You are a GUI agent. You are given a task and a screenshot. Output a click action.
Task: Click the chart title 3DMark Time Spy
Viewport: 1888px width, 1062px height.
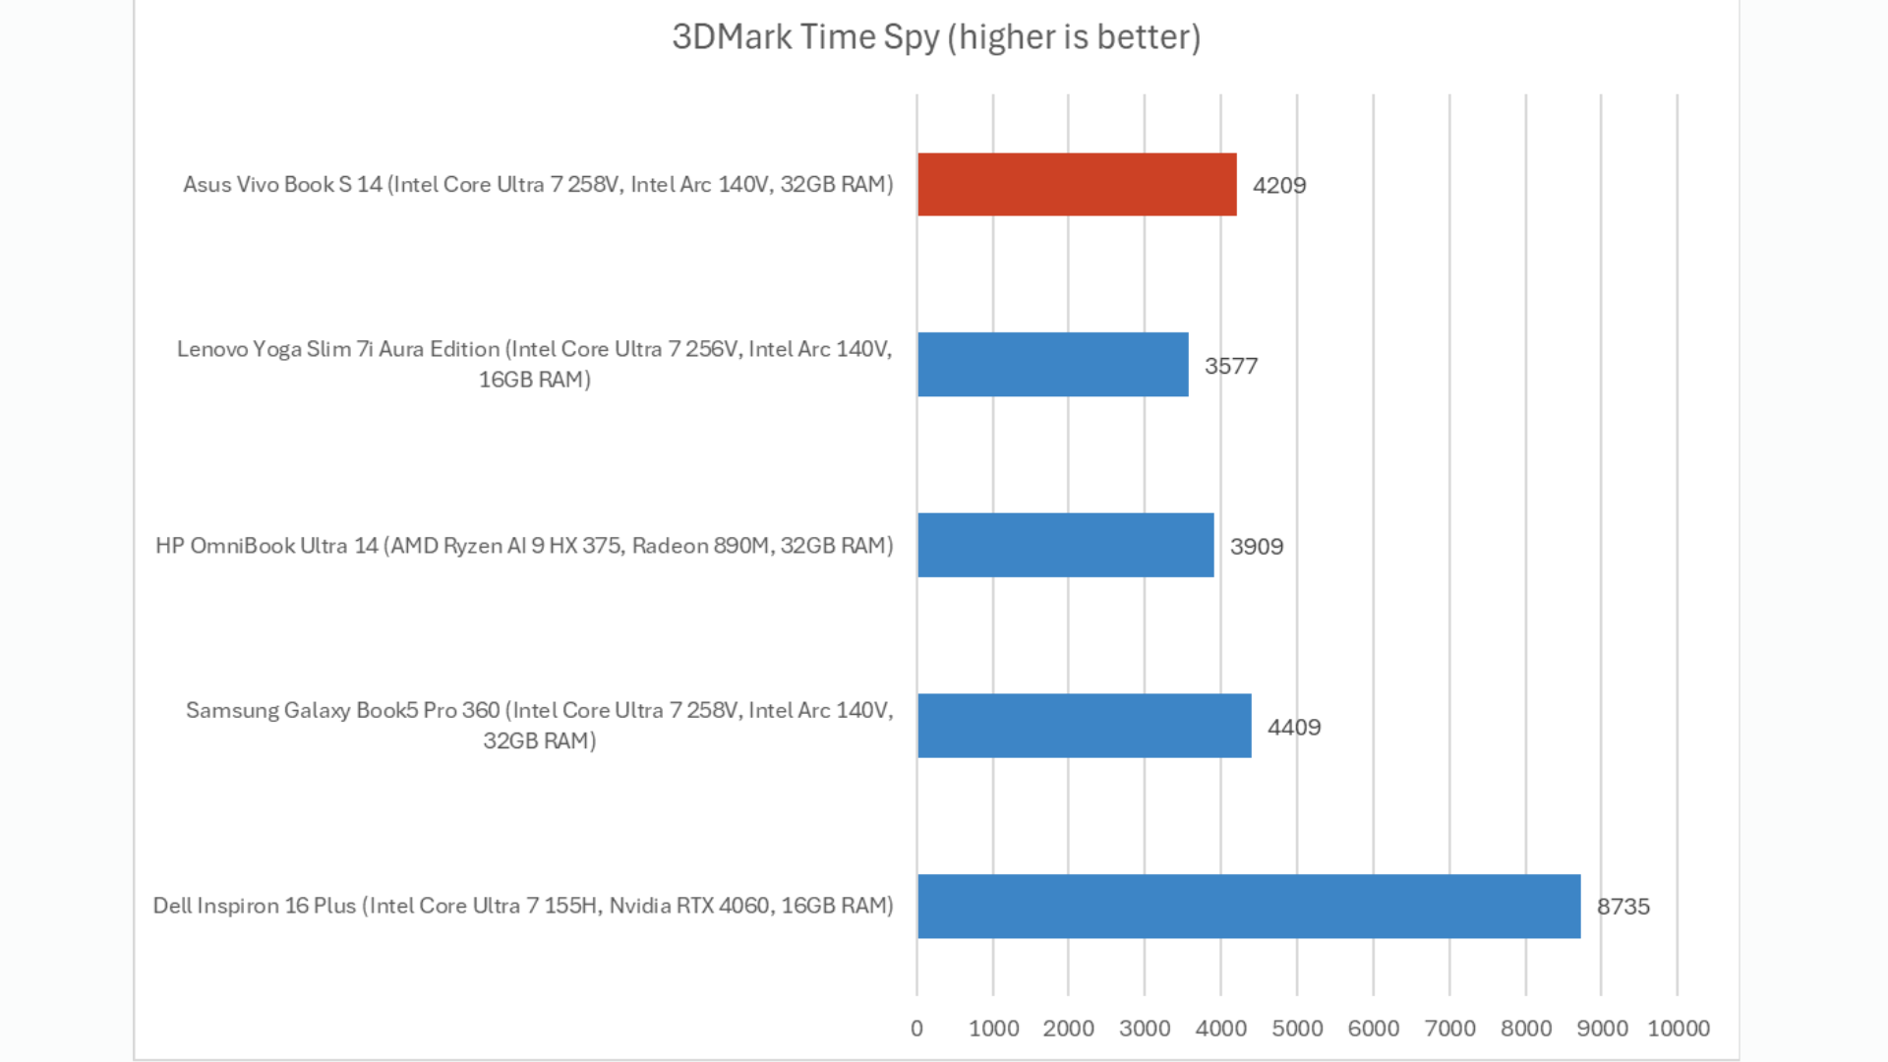[935, 37]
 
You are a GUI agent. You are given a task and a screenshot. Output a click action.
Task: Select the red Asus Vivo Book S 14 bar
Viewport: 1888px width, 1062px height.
[1077, 185]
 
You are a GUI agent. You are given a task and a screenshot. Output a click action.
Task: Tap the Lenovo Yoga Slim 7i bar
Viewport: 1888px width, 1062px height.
[1052, 365]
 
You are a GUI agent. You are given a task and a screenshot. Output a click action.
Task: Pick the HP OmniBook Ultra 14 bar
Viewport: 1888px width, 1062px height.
[1065, 545]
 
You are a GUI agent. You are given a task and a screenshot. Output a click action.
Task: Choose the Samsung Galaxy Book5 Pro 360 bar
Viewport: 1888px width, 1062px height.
[1084, 726]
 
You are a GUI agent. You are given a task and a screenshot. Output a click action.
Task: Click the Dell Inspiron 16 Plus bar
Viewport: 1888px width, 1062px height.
[1249, 906]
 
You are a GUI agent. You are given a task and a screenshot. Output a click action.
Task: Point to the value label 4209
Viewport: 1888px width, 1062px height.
[1279, 186]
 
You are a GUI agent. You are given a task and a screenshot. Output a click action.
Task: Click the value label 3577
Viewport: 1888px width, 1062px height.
[1231, 366]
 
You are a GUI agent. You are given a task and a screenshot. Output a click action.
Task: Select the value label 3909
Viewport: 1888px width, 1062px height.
[1257, 547]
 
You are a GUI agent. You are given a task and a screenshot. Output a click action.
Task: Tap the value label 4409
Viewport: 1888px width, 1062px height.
[1294, 728]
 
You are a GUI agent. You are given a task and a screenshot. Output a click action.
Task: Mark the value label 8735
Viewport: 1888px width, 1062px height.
[1623, 907]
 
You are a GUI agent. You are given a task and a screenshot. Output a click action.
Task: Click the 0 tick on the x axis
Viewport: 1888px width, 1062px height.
[916, 1029]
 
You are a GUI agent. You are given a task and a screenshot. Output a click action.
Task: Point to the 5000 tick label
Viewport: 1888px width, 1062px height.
[1297, 1029]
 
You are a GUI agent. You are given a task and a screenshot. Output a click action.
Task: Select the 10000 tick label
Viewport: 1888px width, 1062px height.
[1679, 1029]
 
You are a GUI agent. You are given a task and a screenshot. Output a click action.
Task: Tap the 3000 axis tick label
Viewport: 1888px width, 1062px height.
[1145, 1029]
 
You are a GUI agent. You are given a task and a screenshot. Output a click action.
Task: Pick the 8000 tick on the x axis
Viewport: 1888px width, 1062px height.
[1526, 1029]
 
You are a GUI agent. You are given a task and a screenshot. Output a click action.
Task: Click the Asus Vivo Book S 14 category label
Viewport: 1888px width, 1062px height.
[538, 185]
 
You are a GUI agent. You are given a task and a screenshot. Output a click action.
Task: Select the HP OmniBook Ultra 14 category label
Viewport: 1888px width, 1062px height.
[524, 546]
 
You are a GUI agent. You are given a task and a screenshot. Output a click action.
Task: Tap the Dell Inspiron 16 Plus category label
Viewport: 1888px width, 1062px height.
[523, 906]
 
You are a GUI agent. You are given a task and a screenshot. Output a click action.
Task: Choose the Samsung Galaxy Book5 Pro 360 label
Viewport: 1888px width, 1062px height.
[539, 725]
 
